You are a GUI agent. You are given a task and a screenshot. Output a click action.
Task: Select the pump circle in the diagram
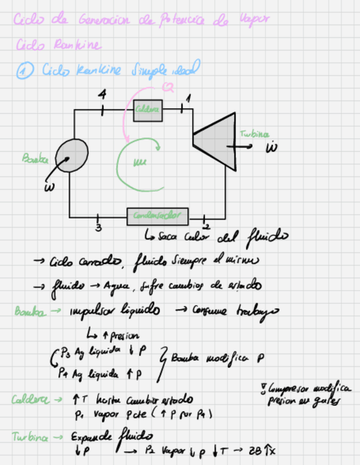pos(72,156)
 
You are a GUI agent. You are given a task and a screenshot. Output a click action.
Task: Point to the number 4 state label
pos(102,94)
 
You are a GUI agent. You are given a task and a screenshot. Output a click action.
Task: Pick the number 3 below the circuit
pos(98,229)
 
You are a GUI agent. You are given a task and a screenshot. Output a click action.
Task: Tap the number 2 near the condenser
pos(206,226)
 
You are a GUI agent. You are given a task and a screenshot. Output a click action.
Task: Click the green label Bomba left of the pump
pos(35,158)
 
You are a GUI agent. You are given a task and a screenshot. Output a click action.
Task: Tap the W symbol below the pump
pos(48,189)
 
